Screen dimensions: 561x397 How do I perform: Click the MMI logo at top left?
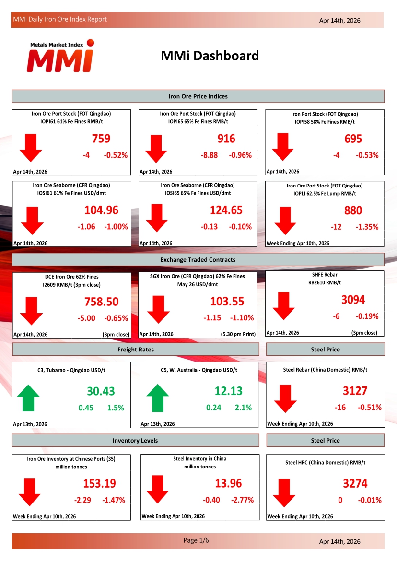tap(60, 56)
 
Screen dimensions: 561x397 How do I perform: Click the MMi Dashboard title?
tap(210, 56)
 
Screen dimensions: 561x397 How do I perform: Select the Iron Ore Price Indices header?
tap(198, 96)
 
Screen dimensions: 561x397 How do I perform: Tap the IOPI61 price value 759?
tap(101, 139)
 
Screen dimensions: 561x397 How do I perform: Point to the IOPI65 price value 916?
tap(226, 139)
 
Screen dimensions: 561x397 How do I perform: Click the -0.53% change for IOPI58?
tap(367, 155)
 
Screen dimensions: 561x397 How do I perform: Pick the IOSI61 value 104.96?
tap(101, 210)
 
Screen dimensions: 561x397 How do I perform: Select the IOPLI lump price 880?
tap(353, 210)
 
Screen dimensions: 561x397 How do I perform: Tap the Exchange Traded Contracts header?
tap(198, 259)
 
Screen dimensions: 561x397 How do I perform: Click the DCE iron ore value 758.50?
tap(101, 302)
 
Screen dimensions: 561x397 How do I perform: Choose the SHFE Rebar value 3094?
tap(353, 300)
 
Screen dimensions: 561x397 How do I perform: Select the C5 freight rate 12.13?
tap(229, 391)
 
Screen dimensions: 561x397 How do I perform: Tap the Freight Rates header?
tap(136, 350)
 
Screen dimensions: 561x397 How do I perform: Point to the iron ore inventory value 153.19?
tap(100, 483)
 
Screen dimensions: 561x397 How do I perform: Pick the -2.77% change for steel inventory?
tap(242, 500)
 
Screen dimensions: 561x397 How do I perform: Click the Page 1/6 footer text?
tap(197, 540)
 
